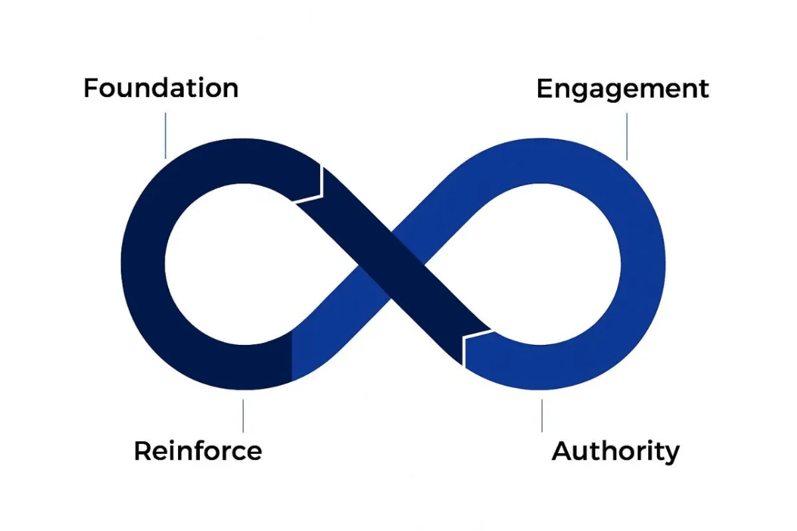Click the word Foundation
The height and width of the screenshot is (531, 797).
[161, 88]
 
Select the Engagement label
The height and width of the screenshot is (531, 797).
[622, 89]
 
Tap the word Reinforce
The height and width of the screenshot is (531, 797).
[198, 451]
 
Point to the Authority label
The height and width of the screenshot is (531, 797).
[616, 451]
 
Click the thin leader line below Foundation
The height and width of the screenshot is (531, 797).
[165, 134]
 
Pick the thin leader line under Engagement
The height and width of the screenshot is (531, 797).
[627, 136]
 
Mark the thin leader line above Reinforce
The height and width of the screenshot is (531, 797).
[243, 415]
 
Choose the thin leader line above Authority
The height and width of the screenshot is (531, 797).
[542, 415]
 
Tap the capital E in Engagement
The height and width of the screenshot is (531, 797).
[544, 89]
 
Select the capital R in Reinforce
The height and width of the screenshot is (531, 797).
[141, 451]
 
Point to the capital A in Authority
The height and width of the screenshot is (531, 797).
[562, 451]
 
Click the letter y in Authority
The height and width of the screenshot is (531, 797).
[671, 454]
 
